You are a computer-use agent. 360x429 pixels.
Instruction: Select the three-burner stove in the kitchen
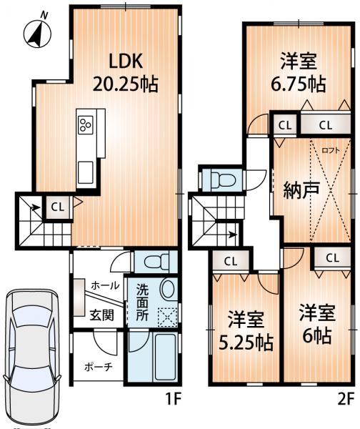tap(86, 126)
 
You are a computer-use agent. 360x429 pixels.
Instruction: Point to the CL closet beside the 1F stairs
tap(58, 207)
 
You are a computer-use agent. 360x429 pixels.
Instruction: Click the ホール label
tap(104, 285)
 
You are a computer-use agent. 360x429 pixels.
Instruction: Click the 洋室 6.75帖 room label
tap(299, 72)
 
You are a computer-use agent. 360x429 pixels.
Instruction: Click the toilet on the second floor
tap(223, 178)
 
